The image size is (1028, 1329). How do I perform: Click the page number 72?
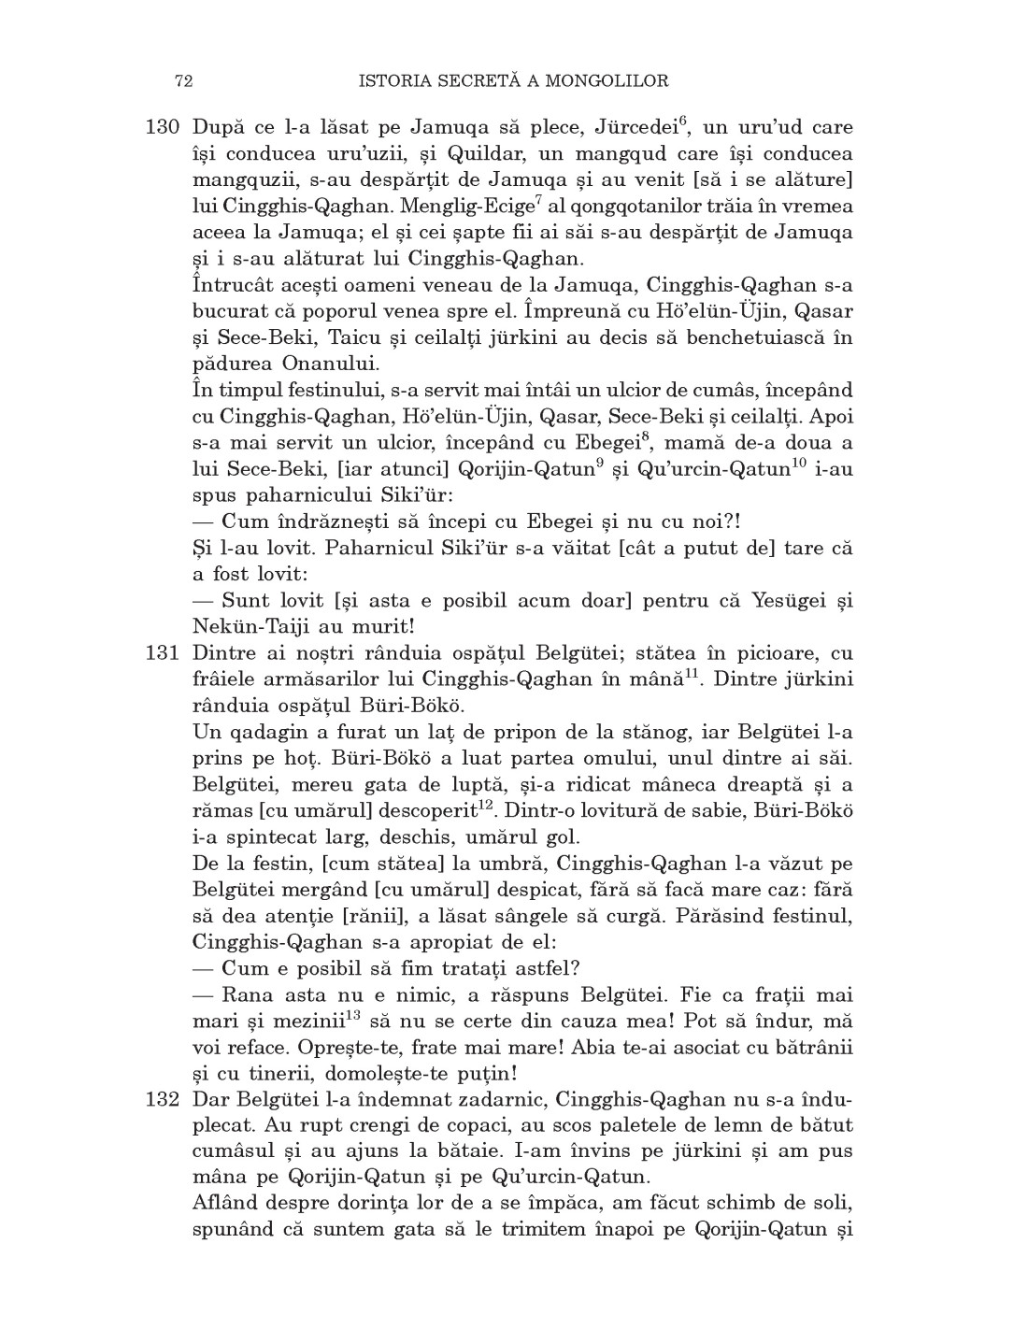(183, 81)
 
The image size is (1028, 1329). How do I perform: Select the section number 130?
(162, 127)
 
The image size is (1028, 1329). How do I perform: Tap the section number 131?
(162, 653)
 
